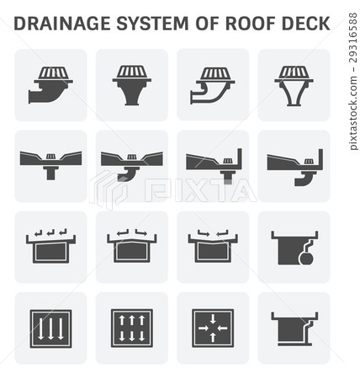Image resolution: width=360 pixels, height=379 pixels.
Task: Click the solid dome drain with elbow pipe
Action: [x=50, y=84]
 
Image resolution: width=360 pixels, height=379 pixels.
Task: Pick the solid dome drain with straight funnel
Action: [x=131, y=84]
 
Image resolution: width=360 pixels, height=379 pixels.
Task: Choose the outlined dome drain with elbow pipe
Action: [x=212, y=84]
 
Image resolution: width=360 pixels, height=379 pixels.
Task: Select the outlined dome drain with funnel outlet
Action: [x=294, y=84]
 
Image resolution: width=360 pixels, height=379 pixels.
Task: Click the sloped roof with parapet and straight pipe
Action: [x=212, y=165]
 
